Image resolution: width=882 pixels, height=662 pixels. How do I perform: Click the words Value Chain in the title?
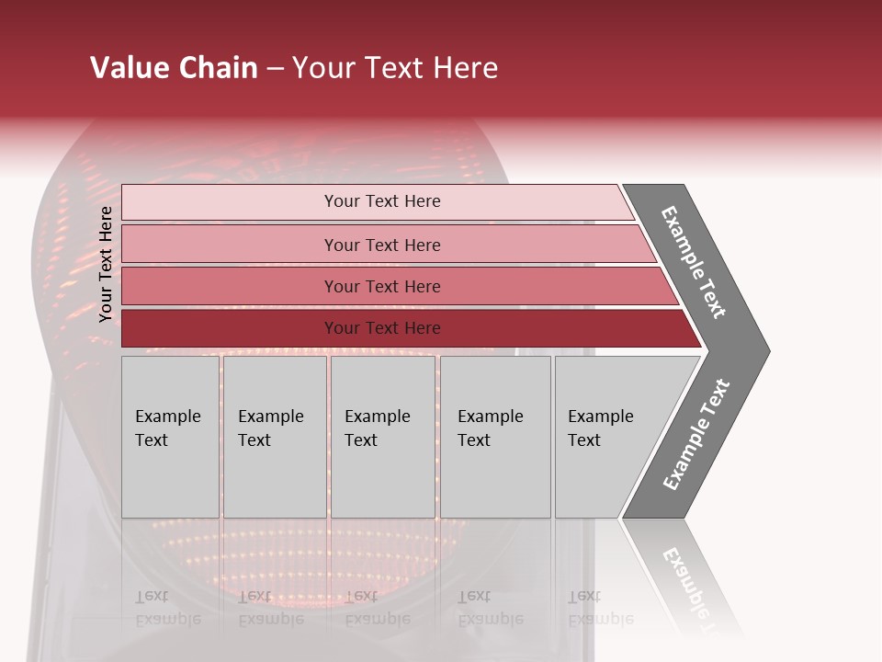(174, 68)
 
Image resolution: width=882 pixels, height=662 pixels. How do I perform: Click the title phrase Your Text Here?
(394, 68)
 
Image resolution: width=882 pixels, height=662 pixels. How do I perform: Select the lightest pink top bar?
(230, 201)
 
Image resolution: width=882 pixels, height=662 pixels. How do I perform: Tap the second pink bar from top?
(230, 244)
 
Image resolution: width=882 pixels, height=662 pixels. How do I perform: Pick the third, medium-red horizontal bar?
(230, 286)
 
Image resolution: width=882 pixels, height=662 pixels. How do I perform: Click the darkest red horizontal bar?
(230, 328)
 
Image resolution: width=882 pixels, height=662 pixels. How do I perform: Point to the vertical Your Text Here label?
(106, 264)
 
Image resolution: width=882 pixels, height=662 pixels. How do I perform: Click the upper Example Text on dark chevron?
(695, 262)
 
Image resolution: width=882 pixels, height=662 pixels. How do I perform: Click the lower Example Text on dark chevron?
(696, 434)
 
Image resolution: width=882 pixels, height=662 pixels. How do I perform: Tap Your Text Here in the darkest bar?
(382, 328)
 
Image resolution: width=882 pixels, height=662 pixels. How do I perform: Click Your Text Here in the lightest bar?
(382, 201)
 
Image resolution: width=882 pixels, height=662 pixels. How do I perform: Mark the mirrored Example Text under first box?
(167, 608)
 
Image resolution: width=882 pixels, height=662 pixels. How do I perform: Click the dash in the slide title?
(275, 69)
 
